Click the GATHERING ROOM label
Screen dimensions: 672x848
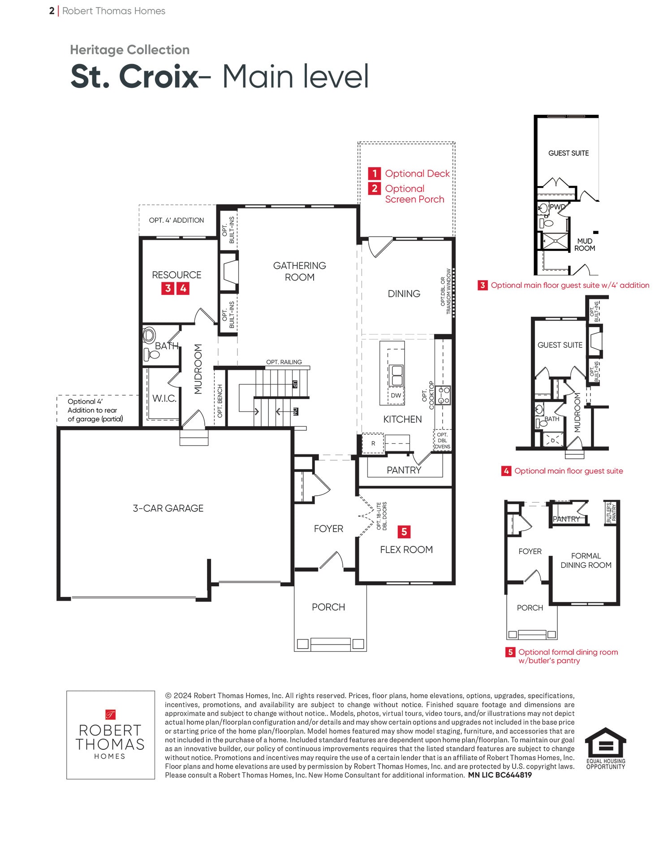pos(300,271)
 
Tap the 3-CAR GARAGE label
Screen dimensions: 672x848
pos(168,508)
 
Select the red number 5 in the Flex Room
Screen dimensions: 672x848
pos(404,532)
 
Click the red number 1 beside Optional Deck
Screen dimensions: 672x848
pos(375,173)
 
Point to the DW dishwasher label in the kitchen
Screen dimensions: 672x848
pos(396,395)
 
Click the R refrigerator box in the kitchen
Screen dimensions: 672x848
pos(373,443)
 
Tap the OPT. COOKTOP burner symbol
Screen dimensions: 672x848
pos(443,395)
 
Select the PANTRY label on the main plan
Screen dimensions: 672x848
pos(404,470)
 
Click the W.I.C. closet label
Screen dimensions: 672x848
pos(164,398)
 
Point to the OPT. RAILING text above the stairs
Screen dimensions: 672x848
pos(284,362)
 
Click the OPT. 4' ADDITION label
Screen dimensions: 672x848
pos(177,220)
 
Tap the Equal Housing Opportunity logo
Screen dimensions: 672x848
pos(606,748)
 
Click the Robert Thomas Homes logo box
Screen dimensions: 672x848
pos(111,735)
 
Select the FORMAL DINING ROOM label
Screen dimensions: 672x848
pos(586,560)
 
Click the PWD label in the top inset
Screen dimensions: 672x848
pos(558,207)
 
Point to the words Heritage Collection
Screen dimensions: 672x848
pos(130,50)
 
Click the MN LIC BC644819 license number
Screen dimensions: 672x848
pos(500,775)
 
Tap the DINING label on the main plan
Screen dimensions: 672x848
pos(404,294)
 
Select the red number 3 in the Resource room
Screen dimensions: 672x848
pos(168,288)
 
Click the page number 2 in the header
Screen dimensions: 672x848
pos(52,11)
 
